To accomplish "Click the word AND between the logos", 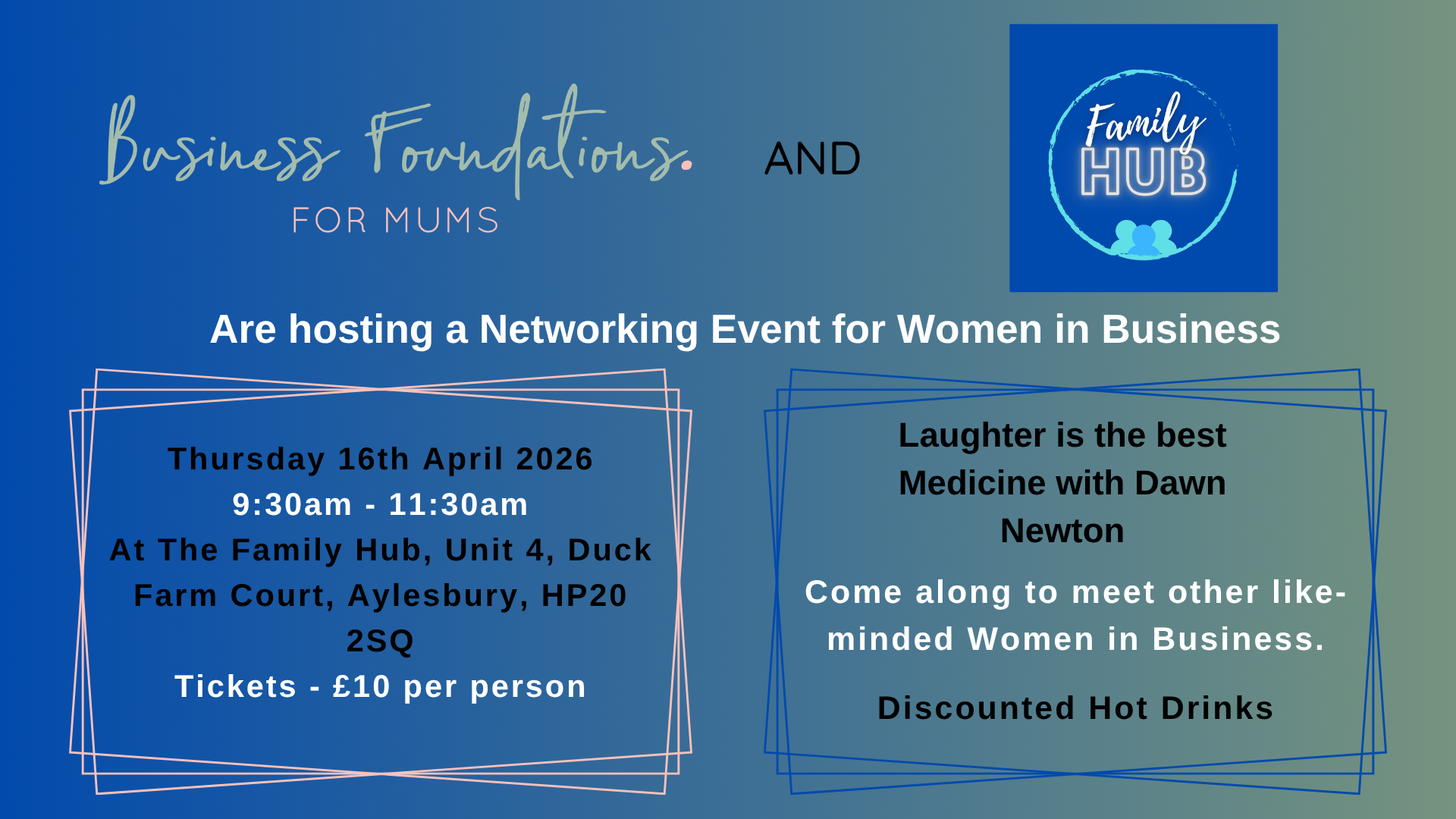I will (x=812, y=158).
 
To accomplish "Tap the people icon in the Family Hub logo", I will (x=1144, y=238).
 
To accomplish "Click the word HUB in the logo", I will (x=1143, y=172).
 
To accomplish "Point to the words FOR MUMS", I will (x=395, y=221).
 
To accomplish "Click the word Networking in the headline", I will (x=588, y=329).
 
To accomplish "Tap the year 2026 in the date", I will (x=554, y=459).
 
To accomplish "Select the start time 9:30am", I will (x=292, y=504).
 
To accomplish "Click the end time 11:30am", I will (x=458, y=504).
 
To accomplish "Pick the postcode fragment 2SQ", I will (x=380, y=641).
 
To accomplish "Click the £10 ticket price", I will (x=361, y=686).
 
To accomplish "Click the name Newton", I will (x=1062, y=531).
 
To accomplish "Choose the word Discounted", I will (x=976, y=708).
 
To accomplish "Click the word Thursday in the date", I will (x=246, y=459).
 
